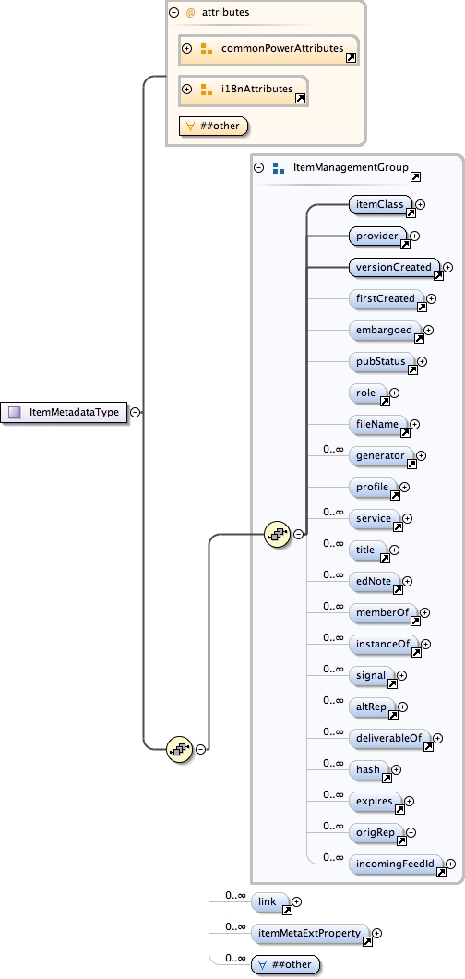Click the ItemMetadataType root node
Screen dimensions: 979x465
click(66, 412)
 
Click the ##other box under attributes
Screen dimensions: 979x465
click(214, 126)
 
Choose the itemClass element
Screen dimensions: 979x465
click(379, 204)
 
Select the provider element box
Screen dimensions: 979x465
click(376, 236)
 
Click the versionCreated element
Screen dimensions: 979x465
click(392, 268)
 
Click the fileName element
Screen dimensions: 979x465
click(377, 424)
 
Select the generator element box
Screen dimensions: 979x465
click(379, 456)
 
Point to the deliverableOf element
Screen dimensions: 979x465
click(388, 738)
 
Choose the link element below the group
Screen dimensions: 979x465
click(268, 901)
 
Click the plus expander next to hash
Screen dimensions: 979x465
click(397, 768)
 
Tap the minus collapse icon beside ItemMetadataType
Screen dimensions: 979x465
click(136, 412)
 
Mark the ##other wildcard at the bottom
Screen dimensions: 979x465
click(285, 965)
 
